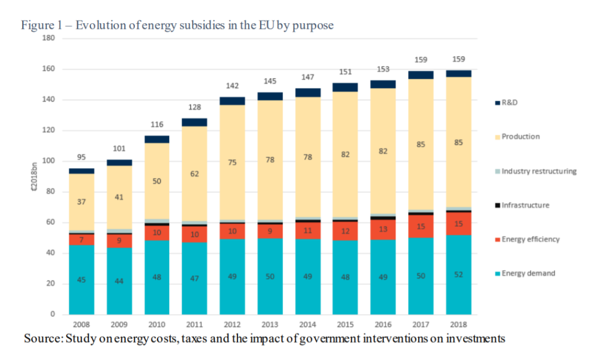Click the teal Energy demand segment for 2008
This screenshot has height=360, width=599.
click(x=82, y=279)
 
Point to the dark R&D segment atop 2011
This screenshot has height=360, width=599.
click(x=194, y=122)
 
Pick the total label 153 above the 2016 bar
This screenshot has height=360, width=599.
click(x=383, y=69)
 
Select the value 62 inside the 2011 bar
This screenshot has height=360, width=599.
click(x=195, y=174)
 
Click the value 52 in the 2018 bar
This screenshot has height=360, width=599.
click(x=458, y=274)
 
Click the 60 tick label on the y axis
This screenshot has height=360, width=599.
click(x=50, y=222)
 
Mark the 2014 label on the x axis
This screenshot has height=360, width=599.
click(x=307, y=324)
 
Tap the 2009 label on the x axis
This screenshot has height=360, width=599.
click(x=119, y=324)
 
